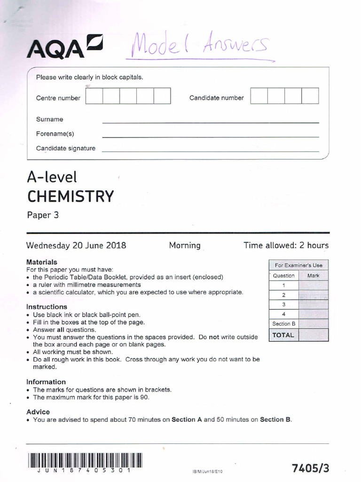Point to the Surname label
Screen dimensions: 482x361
pyautogui.click(x=49, y=120)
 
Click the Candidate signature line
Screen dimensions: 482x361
pyautogui.click(x=210, y=151)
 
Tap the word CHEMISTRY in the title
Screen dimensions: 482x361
pyautogui.click(x=70, y=196)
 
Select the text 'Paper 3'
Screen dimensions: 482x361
pyautogui.click(x=42, y=216)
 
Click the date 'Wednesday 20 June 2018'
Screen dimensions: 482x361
pyautogui.click(x=76, y=245)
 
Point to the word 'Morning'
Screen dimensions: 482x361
pyautogui.click(x=185, y=245)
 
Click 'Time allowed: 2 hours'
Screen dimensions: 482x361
pyautogui.click(x=286, y=245)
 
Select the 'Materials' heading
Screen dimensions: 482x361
pyautogui.click(x=42, y=262)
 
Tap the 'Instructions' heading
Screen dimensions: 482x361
pyautogui.click(x=47, y=307)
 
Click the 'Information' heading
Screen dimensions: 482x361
pyautogui.click(x=46, y=382)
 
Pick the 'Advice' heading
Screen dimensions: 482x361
pyautogui.click(x=38, y=412)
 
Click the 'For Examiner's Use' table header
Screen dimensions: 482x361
pyautogui.click(x=298, y=265)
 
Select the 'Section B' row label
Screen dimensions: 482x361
pyautogui.click(x=283, y=324)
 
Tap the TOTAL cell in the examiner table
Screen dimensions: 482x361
pyautogui.click(x=283, y=335)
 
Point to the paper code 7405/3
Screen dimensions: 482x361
pyautogui.click(x=311, y=468)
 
